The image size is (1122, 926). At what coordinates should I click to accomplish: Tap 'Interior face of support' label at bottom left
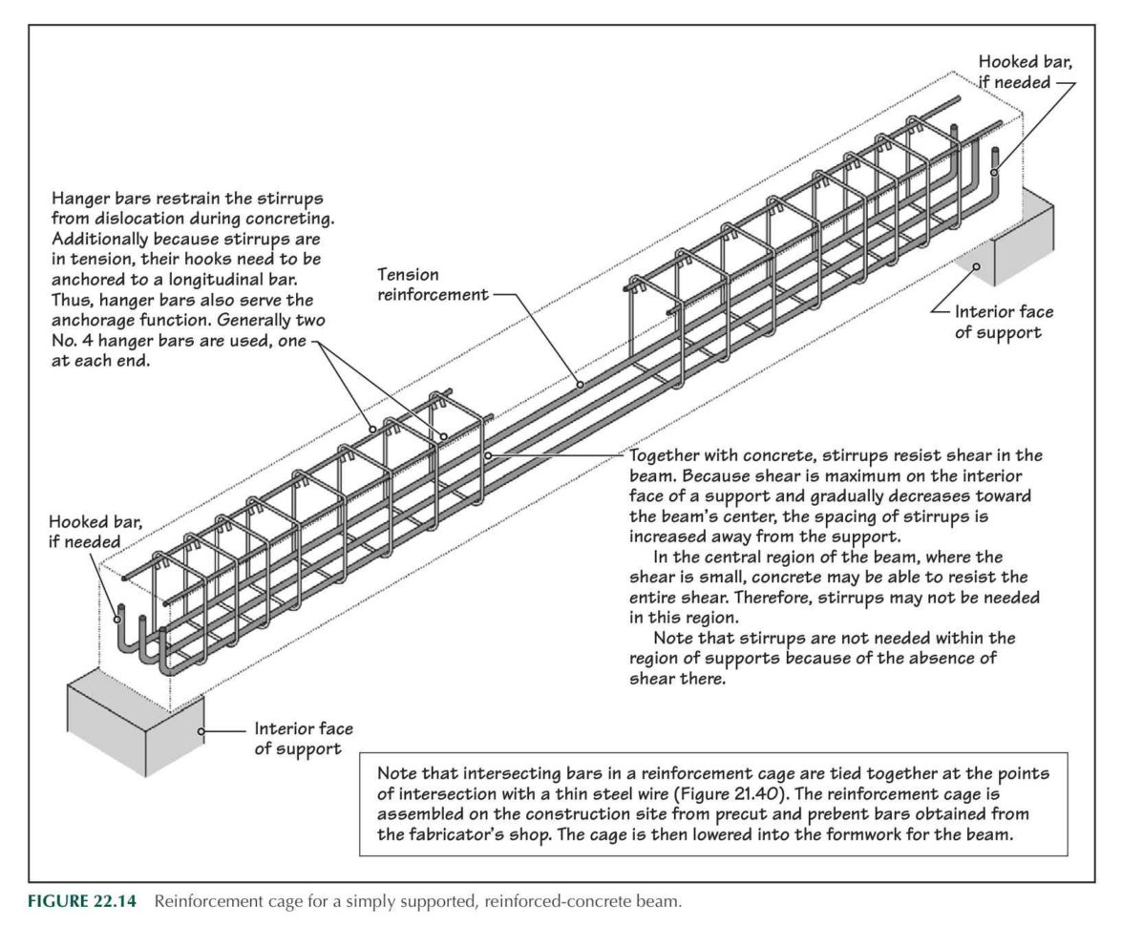pyautogui.click(x=303, y=738)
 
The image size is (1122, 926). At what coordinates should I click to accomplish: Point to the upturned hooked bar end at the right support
pyautogui.click(x=994, y=162)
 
